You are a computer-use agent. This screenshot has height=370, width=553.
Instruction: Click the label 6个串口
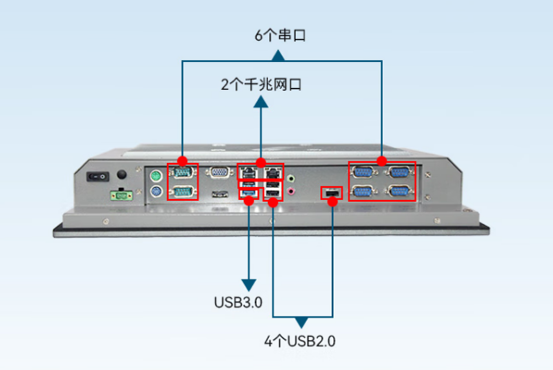280,35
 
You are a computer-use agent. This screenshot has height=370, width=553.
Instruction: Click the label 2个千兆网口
261,84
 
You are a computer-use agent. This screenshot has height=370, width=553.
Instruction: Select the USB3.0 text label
238,302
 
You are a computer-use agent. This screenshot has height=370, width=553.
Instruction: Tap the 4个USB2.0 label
300,340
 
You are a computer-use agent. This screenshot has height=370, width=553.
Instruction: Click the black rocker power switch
97,177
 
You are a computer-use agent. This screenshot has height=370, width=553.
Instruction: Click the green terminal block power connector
121,195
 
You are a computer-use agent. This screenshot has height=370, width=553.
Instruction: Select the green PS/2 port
156,176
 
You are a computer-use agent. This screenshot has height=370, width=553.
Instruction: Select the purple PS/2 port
156,191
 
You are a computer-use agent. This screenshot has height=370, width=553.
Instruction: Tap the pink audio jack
291,191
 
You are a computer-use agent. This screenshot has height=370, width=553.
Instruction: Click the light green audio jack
291,179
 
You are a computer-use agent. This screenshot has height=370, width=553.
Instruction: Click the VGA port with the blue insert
219,172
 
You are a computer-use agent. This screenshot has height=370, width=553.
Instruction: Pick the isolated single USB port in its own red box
332,193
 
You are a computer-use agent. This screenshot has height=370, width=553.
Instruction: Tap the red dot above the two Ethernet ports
260,163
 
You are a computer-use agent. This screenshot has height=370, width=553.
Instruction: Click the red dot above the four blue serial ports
382,161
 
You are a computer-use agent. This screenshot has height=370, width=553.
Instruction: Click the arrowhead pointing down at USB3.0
248,285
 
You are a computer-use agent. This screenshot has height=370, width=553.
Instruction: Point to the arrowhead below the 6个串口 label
278,55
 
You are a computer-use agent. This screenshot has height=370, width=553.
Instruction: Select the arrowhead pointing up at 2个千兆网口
260,102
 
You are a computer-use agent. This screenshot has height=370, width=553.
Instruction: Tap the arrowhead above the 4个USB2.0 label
301,323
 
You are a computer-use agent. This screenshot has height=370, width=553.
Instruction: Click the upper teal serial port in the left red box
182,172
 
